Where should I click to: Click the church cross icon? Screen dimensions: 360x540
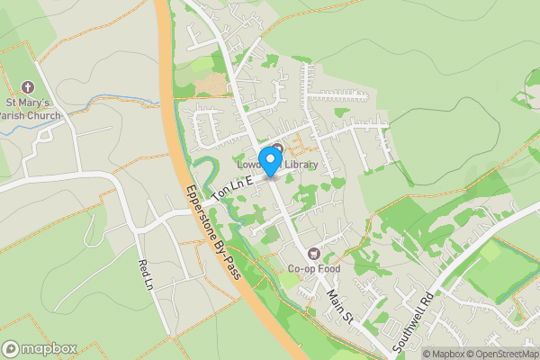pyautogui.click(x=28, y=87)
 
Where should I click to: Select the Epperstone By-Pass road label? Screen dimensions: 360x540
pyautogui.click(x=213, y=230)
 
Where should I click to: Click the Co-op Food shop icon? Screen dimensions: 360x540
pyautogui.click(x=314, y=255)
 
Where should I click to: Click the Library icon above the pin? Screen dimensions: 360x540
pyautogui.click(x=277, y=149)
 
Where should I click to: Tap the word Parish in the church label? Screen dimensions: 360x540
pyautogui.click(x=20, y=115)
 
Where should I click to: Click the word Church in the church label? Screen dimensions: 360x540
pyautogui.click(x=45, y=115)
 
